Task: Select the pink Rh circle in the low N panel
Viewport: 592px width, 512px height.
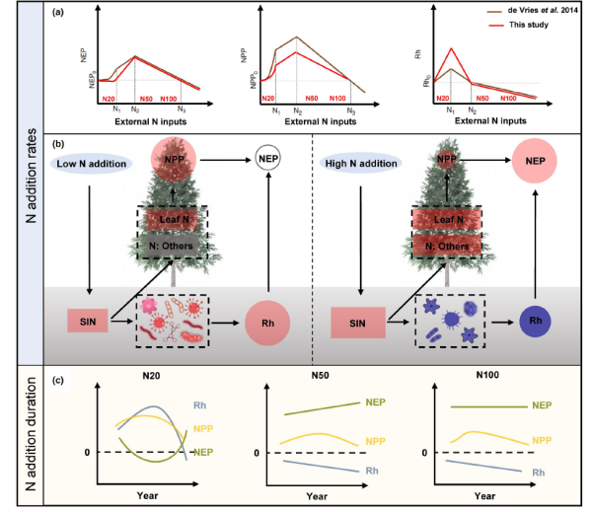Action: tap(267, 321)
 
